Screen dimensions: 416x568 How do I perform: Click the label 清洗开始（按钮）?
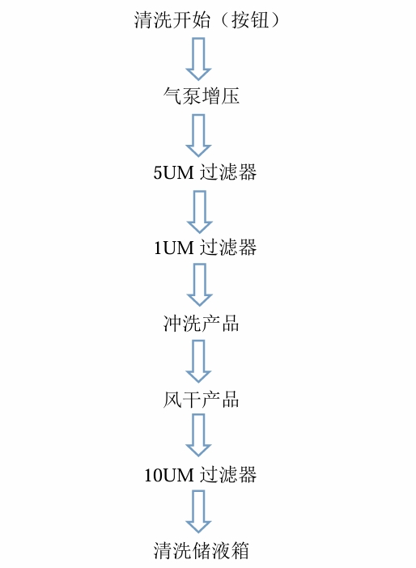pos(207,20)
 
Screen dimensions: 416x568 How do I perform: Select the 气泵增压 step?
pos(201,96)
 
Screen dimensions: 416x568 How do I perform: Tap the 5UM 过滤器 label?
pos(205,172)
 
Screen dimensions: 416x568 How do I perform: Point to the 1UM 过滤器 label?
pos(205,248)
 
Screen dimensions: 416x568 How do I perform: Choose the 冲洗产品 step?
pos(201,324)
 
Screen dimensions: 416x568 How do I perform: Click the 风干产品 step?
pos(201,400)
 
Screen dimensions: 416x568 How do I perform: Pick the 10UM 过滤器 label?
pos(201,474)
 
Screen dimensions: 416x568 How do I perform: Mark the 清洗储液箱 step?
pos(201,551)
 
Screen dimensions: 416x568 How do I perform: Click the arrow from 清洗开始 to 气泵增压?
pos(198,59)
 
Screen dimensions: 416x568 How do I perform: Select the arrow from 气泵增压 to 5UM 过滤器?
pos(198,135)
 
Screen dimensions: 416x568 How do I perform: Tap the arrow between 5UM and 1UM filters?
pos(199,212)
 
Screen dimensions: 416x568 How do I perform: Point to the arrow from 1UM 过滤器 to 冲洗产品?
pos(199,285)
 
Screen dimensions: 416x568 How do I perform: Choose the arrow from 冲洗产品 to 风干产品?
pos(198,361)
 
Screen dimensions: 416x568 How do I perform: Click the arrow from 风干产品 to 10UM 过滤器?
pos(198,435)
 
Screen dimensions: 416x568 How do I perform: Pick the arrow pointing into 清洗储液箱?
pos(198,511)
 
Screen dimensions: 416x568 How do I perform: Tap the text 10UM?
pos(169,475)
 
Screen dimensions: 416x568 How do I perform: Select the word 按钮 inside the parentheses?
pos(250,20)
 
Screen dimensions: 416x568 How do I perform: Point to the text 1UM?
pos(174,248)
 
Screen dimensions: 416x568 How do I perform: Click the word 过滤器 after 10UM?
pos(229,474)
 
